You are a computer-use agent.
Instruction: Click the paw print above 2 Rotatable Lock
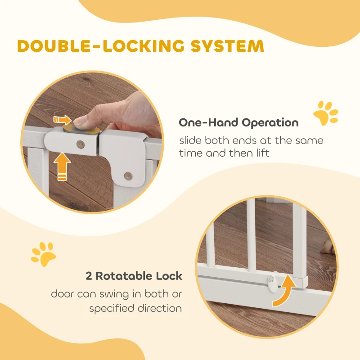coord(43,254)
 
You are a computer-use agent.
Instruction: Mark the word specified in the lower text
coord(112,309)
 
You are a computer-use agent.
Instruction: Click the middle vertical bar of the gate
coord(251,236)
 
